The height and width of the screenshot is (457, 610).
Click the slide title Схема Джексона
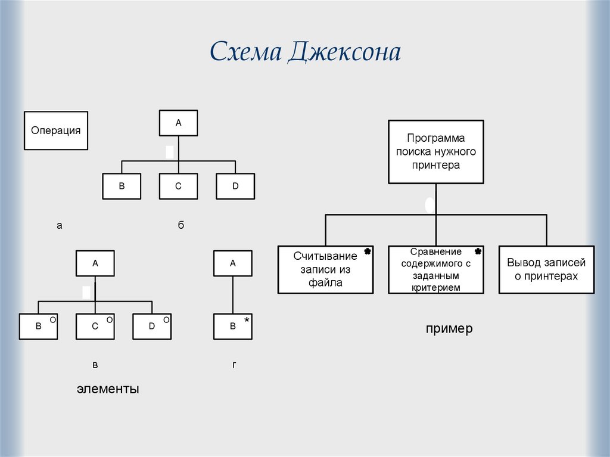(x=304, y=52)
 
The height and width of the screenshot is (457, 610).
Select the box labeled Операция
(x=55, y=130)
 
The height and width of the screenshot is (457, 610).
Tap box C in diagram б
(x=178, y=186)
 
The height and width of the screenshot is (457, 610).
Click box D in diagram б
(x=235, y=186)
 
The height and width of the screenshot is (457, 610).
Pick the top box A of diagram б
(x=178, y=123)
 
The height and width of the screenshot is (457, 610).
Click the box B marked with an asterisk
(x=232, y=326)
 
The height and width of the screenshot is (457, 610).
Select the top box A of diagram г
(x=232, y=263)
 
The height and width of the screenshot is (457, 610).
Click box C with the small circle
(x=95, y=326)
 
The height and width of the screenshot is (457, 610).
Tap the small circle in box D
(x=166, y=320)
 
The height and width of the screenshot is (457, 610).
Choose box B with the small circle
(x=38, y=326)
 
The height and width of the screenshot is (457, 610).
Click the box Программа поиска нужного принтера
(x=435, y=151)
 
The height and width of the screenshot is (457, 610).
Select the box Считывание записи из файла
(x=325, y=269)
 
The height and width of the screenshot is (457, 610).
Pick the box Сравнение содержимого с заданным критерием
(x=435, y=269)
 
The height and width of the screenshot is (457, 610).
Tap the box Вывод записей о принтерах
(x=546, y=269)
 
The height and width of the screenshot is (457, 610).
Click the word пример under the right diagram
(x=449, y=328)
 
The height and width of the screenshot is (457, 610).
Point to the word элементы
(x=108, y=389)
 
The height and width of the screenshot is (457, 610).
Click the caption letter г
(x=234, y=364)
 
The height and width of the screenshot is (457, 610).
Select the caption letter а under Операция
(x=59, y=225)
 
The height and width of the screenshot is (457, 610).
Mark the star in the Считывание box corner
(x=368, y=252)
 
